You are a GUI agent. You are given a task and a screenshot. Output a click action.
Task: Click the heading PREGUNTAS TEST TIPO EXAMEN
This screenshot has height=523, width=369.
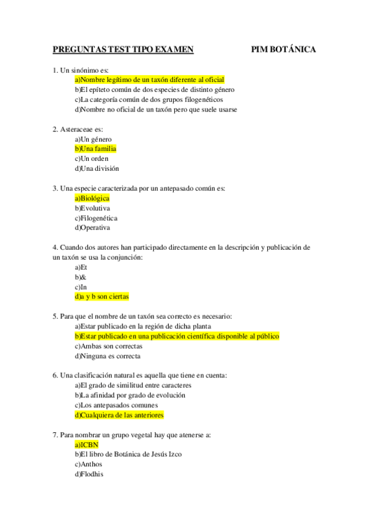tap(123, 50)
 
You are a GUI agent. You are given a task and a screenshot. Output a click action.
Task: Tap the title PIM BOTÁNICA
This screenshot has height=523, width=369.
tap(283, 50)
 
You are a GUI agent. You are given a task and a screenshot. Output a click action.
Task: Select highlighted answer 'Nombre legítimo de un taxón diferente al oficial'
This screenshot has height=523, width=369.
tap(149, 80)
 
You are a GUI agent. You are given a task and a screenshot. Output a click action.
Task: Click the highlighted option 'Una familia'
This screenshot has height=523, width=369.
tap(95, 149)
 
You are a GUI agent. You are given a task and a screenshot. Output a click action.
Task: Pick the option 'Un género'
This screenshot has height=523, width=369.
tap(93, 139)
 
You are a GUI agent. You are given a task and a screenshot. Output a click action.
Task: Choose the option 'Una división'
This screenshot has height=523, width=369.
tap(97, 168)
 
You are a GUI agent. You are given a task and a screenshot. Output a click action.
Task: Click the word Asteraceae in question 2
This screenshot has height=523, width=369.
tap(77, 129)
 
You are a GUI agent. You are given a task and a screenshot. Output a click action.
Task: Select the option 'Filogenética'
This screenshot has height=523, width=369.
tap(96, 218)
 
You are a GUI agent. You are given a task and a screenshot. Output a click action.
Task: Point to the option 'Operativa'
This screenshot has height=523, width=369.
tap(92, 228)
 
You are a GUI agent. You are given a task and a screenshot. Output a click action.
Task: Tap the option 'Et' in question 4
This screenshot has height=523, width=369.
tap(81, 267)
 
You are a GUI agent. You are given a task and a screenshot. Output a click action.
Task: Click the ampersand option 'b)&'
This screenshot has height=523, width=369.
tap(80, 277)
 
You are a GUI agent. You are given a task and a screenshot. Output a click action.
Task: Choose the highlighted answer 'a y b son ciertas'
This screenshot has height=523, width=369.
tap(102, 297)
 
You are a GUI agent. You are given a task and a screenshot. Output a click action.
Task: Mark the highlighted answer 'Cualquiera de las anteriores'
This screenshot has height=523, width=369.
tap(119, 415)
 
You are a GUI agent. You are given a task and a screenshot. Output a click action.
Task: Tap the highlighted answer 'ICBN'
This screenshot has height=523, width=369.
tap(86, 445)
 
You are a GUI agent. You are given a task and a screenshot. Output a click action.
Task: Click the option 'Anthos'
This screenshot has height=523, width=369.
tap(88, 464)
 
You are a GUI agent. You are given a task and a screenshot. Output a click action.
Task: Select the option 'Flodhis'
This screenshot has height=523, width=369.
tap(89, 474)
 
